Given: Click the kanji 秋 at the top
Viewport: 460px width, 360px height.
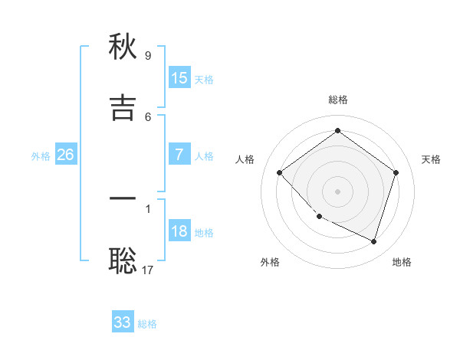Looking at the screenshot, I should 123,48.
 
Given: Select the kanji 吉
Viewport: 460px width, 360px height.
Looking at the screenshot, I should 123,108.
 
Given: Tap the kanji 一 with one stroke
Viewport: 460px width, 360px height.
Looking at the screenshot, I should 123,199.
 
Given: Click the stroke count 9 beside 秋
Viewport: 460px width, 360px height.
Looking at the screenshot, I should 148,56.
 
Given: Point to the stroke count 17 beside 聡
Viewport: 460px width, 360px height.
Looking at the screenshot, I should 148,270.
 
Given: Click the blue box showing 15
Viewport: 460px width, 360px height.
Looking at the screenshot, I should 179,78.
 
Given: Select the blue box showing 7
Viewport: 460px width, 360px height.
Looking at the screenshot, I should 179,155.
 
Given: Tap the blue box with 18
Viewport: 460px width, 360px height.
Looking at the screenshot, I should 179,231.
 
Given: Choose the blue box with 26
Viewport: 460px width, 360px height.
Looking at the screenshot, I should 65,155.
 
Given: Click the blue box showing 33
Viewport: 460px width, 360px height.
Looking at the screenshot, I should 123,322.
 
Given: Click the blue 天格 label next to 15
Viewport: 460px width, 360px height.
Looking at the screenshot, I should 204,80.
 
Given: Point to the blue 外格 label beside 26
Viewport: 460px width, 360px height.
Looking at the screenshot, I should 41,156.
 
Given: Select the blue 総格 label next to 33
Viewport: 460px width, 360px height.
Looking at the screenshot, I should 147,324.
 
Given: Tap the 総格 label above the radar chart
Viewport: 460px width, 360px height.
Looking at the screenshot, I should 337,100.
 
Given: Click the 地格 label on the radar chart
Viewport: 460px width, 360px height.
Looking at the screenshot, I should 402,262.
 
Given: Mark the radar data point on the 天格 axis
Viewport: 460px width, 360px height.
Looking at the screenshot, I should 396,172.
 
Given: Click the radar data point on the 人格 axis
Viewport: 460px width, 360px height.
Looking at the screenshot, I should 280,172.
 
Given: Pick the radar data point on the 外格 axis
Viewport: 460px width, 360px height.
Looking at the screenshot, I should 319,217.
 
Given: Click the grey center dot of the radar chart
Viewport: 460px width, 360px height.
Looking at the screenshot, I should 338,191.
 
